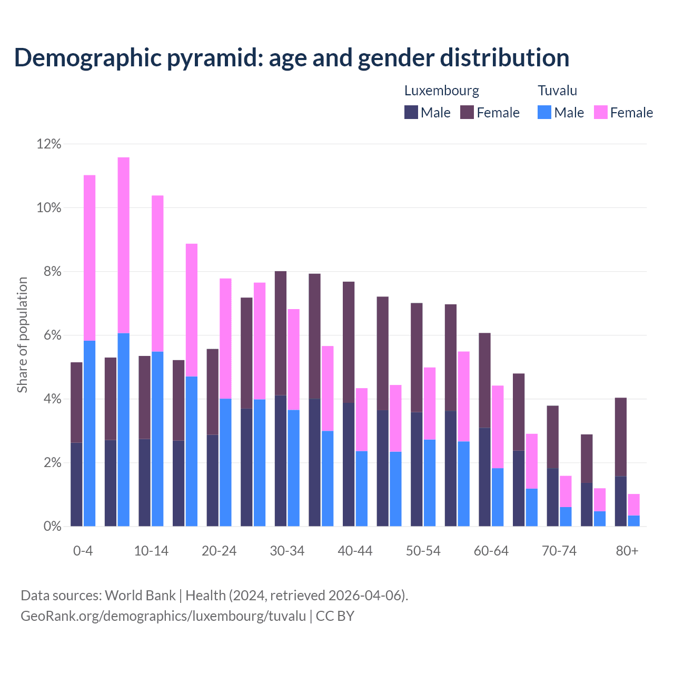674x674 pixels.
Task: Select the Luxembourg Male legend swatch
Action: [411, 112]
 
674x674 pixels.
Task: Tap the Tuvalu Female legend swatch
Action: [600, 112]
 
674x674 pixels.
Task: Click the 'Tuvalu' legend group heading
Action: [557, 91]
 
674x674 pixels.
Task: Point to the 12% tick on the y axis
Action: [48, 144]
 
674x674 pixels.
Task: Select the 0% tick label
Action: [51, 527]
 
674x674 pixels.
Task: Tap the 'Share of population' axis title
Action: [22, 335]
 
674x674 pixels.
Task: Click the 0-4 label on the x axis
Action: [83, 551]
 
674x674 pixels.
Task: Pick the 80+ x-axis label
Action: [627, 551]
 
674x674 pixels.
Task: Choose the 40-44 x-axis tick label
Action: [355, 551]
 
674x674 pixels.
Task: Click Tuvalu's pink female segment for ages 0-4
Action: [90, 258]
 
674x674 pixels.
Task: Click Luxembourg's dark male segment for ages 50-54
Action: [417, 469]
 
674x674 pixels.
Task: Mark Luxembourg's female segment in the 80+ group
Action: [621, 437]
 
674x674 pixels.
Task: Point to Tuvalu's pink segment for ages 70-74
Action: [566, 491]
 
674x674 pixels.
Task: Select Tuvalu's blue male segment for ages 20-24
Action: [225, 462]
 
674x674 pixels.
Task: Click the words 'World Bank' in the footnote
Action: [140, 596]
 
